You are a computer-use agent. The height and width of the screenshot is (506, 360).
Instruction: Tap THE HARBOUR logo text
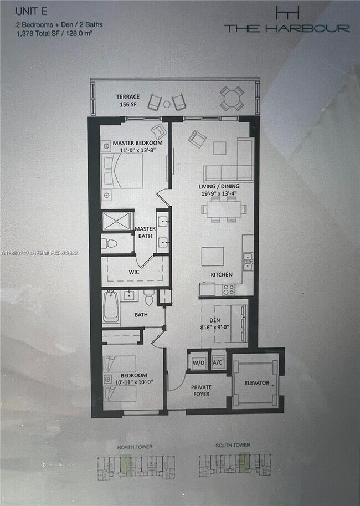point(287,28)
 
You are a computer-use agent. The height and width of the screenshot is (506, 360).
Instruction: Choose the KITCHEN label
point(222,275)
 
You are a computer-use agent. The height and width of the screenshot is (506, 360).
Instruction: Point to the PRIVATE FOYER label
point(202,391)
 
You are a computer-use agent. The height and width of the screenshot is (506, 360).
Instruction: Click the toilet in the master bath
point(111,243)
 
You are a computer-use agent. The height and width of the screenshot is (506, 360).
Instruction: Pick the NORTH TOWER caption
point(135,446)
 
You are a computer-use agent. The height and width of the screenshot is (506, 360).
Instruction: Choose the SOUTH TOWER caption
point(233,446)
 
